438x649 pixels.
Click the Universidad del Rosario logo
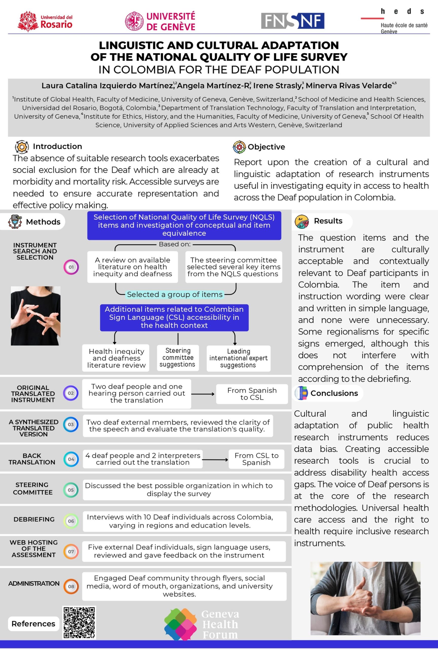(45, 21)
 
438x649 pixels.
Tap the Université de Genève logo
(160, 21)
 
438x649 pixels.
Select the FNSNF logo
(292, 21)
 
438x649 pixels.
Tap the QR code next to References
(79, 622)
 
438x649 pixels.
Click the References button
(33, 624)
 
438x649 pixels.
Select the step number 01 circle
(71, 267)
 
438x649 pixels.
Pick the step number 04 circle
(71, 459)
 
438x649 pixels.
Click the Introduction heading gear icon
(22, 147)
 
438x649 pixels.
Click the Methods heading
(43, 222)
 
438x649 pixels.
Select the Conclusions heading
(334, 393)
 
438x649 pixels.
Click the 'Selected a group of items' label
(175, 294)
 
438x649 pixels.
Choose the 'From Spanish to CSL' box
(252, 394)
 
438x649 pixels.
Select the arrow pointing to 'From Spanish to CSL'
(203, 394)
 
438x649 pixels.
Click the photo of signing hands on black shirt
(35, 316)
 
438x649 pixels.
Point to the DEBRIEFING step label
(34, 519)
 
